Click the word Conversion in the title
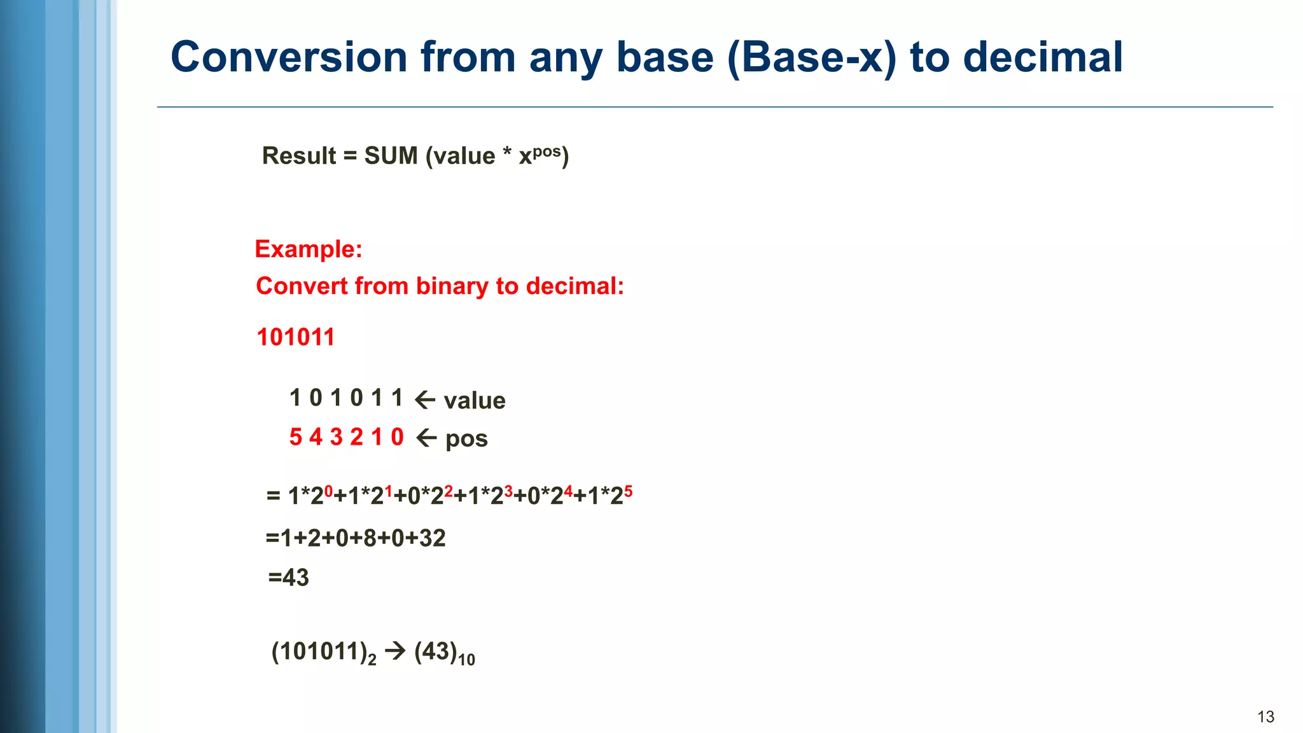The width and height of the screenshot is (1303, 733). point(289,57)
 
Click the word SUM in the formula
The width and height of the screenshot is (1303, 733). point(391,156)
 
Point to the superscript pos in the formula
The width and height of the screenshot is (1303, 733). point(547,152)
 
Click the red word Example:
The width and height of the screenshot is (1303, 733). point(309,249)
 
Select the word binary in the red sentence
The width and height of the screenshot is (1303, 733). point(452,287)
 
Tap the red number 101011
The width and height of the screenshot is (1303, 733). point(296,337)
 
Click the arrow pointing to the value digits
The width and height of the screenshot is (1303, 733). point(425,400)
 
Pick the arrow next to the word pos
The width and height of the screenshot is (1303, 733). point(426,438)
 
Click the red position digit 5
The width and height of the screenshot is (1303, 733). point(295,437)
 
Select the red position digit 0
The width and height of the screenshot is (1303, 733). point(397,437)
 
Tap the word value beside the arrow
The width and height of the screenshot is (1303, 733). point(475,401)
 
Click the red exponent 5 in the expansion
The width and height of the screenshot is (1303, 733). point(628,491)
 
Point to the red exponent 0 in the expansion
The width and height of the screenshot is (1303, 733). point(328,491)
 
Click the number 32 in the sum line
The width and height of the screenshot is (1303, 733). point(432,538)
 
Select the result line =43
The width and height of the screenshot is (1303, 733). point(288,578)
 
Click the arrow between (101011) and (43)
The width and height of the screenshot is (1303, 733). point(395,651)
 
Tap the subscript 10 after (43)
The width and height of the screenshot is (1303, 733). point(466,660)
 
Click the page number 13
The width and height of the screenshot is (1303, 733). point(1265,717)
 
